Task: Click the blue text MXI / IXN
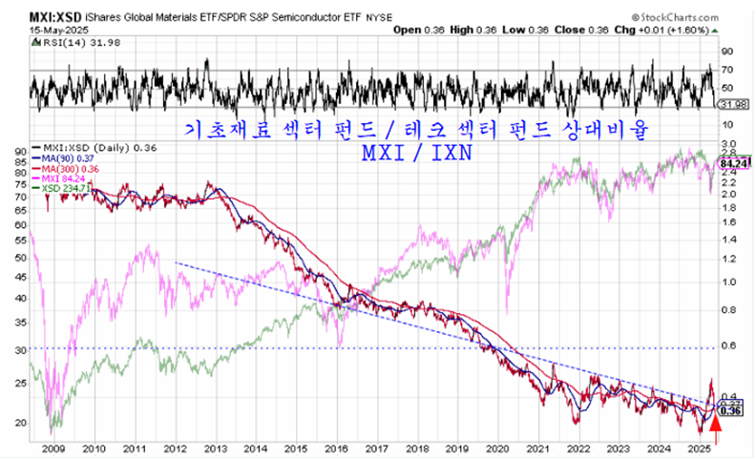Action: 416,153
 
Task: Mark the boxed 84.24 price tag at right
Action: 731,163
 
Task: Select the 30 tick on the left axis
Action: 19,350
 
